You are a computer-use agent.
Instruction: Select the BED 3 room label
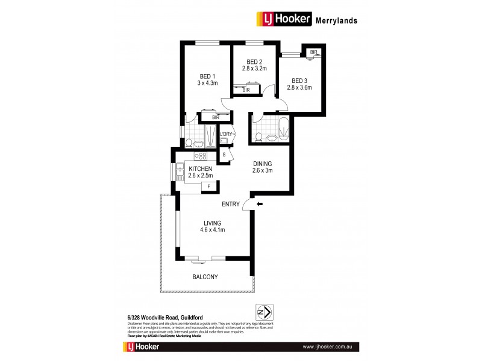tap(300, 81)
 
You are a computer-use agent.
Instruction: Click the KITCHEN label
tap(200, 168)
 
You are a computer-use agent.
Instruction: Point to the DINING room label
tap(263, 163)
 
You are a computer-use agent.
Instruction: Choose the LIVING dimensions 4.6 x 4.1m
tap(212, 230)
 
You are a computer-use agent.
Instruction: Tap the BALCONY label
tap(205, 277)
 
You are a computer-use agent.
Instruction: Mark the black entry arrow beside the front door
tap(259, 205)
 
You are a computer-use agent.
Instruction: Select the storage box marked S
tap(224, 155)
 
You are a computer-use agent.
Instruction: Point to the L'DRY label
tap(226, 134)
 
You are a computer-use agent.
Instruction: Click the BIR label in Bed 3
tap(313, 53)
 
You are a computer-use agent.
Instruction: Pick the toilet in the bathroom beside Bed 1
tap(189, 143)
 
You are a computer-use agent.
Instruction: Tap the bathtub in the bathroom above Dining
tap(283, 128)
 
